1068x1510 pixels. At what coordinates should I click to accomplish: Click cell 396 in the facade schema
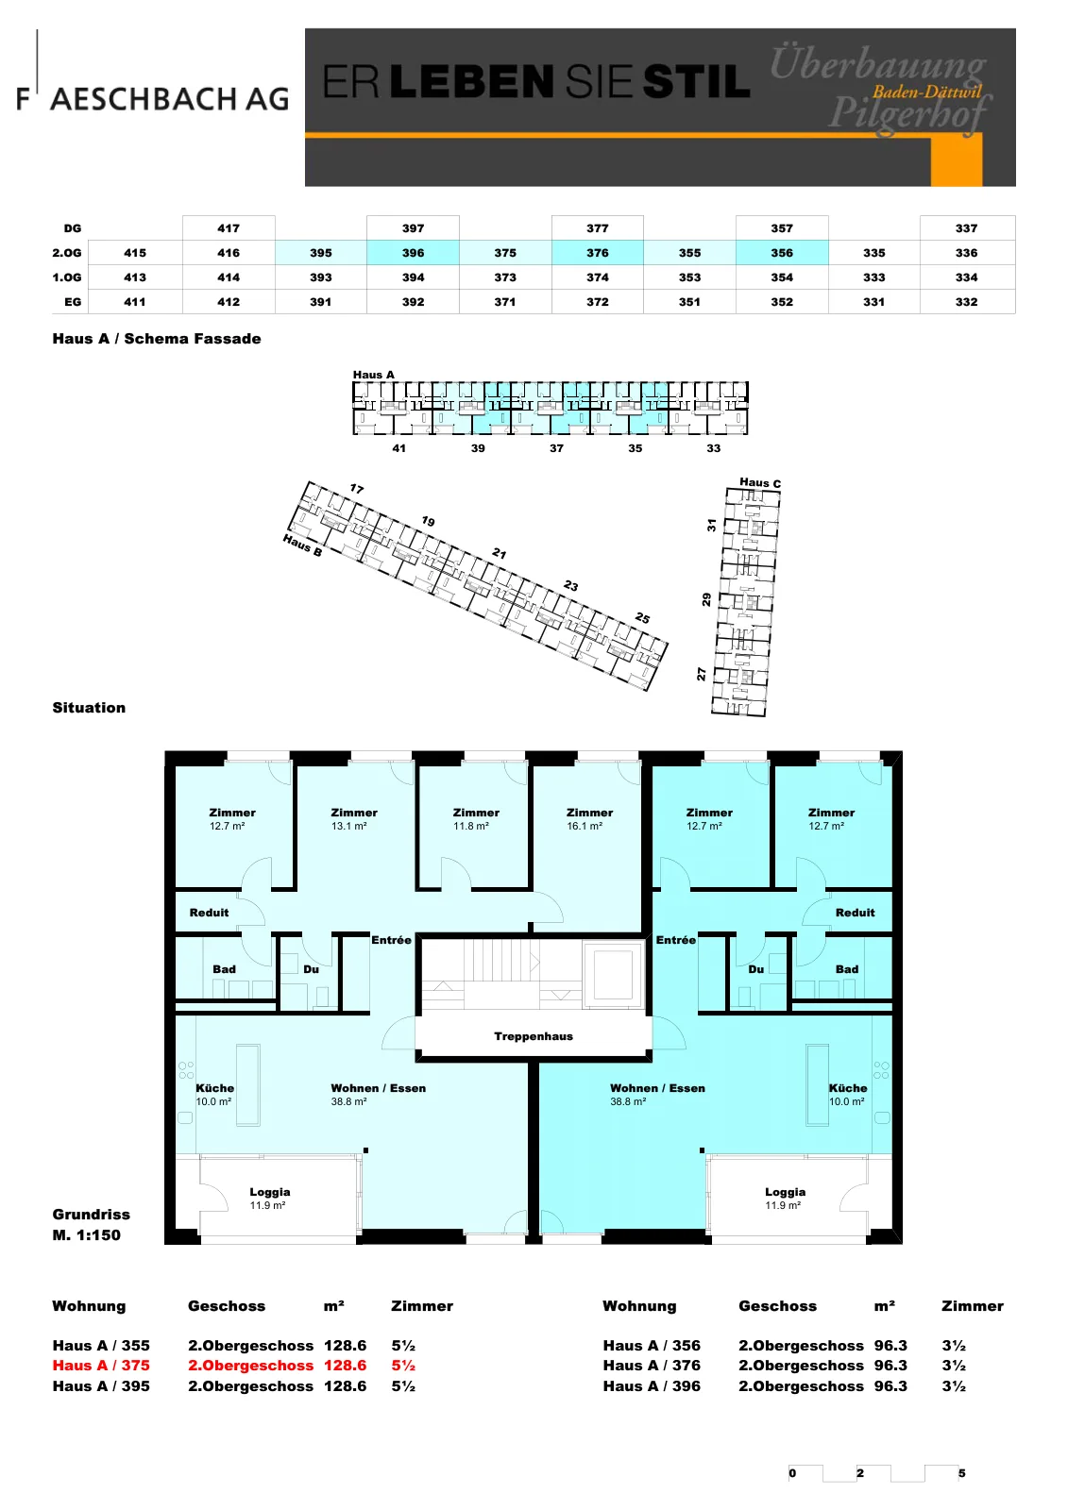[x=413, y=253]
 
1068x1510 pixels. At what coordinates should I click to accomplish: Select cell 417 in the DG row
[x=229, y=228]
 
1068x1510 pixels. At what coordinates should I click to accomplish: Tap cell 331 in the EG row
[x=873, y=302]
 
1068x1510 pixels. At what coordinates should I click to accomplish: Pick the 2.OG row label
[x=67, y=253]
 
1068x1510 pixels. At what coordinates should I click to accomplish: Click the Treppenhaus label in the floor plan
[x=533, y=1036]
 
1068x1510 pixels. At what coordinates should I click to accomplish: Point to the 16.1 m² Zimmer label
[x=589, y=818]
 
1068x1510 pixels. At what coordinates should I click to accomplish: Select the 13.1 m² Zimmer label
[x=353, y=818]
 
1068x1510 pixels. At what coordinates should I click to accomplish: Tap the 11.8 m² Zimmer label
[x=476, y=818]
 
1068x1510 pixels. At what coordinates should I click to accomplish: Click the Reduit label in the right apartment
[x=855, y=912]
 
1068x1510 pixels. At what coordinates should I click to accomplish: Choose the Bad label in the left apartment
[x=224, y=968]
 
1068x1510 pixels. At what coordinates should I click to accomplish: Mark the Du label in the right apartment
[x=755, y=968]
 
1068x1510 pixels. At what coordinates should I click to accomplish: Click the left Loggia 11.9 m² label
[x=269, y=1198]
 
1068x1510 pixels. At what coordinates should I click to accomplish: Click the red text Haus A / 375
[x=101, y=1365]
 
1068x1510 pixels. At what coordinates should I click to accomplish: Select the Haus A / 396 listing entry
[x=652, y=1386]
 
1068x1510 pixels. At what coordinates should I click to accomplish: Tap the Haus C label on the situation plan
[x=759, y=482]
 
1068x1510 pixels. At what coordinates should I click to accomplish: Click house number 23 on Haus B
[x=570, y=586]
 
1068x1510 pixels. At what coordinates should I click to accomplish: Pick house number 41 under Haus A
[x=398, y=448]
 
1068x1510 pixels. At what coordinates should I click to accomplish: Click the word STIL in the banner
[x=696, y=81]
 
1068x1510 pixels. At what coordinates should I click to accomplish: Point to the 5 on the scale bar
[x=961, y=1473]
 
